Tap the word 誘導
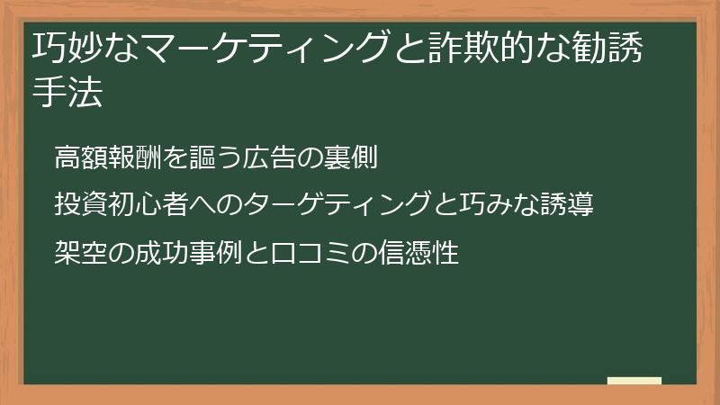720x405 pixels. pyautogui.click(x=563, y=204)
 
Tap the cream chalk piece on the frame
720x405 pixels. pyautogui.click(x=634, y=381)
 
